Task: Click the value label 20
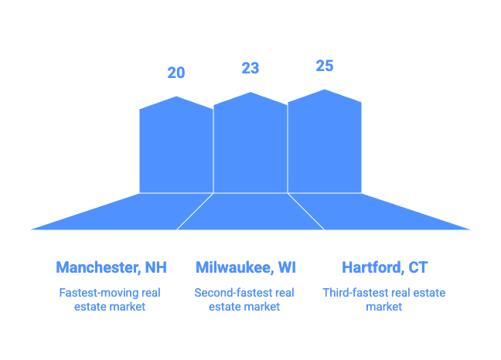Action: pyautogui.click(x=176, y=73)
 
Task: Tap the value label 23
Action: pyautogui.click(x=250, y=69)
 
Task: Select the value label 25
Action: pyautogui.click(x=325, y=66)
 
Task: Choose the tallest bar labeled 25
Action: pyautogui.click(x=325, y=143)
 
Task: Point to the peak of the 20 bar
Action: pyautogui.click(x=176, y=97)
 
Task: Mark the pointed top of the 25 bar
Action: pyautogui.click(x=325, y=90)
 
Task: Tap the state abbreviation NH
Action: pyautogui.click(x=155, y=268)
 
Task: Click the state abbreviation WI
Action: pyautogui.click(x=286, y=268)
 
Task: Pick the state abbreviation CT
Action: pyautogui.click(x=418, y=268)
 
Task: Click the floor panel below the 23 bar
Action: pyautogui.click(x=250, y=212)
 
